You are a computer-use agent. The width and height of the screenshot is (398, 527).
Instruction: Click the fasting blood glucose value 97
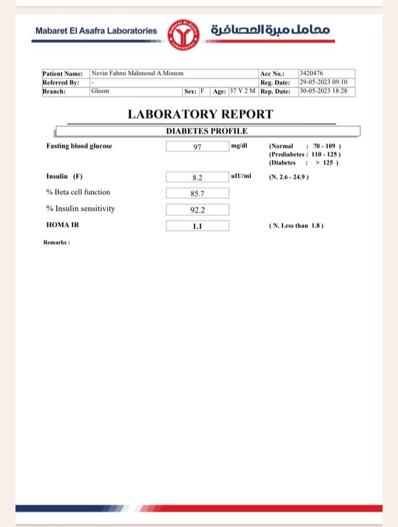pyautogui.click(x=197, y=146)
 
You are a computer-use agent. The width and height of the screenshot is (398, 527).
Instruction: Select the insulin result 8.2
pyautogui.click(x=197, y=177)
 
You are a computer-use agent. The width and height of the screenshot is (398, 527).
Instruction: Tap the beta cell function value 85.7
pyautogui.click(x=197, y=193)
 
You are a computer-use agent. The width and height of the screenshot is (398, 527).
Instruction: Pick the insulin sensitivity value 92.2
pyautogui.click(x=197, y=210)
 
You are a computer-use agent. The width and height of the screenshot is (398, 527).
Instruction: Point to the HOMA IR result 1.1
pyautogui.click(x=197, y=226)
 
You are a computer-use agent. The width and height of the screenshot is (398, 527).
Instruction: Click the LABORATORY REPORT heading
pyautogui.click(x=200, y=114)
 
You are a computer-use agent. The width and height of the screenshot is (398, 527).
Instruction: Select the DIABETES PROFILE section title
pyautogui.click(x=207, y=131)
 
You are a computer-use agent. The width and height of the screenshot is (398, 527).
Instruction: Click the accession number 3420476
pyautogui.click(x=311, y=73)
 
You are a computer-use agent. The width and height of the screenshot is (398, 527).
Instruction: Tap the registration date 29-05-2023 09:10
pyautogui.click(x=323, y=82)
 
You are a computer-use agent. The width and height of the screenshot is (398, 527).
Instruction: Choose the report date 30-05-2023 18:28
pyautogui.click(x=323, y=91)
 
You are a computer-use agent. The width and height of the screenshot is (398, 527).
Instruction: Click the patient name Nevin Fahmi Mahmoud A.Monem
pyautogui.click(x=137, y=73)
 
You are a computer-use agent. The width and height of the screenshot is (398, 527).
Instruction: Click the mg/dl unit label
pyautogui.click(x=239, y=145)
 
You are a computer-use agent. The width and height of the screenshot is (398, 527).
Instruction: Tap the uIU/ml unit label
pyautogui.click(x=241, y=176)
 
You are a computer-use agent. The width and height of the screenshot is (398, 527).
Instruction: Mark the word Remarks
pyautogui.click(x=56, y=242)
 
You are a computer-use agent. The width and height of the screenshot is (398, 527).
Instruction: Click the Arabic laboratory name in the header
pyautogui.click(x=270, y=30)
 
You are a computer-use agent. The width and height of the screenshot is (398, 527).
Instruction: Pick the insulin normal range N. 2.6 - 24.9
pyautogui.click(x=289, y=177)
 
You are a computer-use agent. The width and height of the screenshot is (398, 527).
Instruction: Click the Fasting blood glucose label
pyautogui.click(x=79, y=146)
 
